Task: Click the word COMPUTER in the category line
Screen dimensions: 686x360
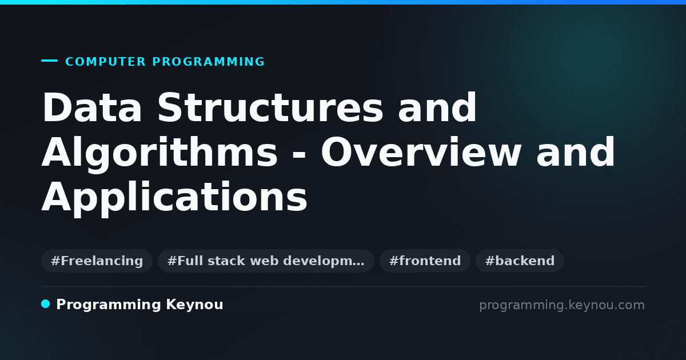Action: (x=105, y=62)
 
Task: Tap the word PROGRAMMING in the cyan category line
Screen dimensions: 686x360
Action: (x=208, y=62)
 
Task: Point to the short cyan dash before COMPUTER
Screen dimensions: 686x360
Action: (x=49, y=61)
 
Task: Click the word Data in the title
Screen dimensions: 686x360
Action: (x=92, y=107)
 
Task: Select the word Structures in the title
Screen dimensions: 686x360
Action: (x=270, y=107)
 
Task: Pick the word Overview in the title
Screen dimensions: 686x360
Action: (x=421, y=152)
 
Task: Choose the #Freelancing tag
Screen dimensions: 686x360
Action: (x=97, y=261)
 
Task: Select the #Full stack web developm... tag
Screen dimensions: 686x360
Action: (x=266, y=261)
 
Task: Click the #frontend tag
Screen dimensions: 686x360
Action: (x=425, y=261)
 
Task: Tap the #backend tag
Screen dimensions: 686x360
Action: (x=520, y=261)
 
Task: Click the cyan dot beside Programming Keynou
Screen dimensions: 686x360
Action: (x=45, y=304)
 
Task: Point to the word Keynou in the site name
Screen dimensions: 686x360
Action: (x=194, y=305)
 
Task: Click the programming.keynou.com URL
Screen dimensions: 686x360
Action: (x=562, y=305)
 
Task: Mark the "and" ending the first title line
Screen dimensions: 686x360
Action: (x=437, y=107)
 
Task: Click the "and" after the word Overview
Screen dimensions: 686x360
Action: (x=576, y=152)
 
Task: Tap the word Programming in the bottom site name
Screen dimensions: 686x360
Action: (x=109, y=305)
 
